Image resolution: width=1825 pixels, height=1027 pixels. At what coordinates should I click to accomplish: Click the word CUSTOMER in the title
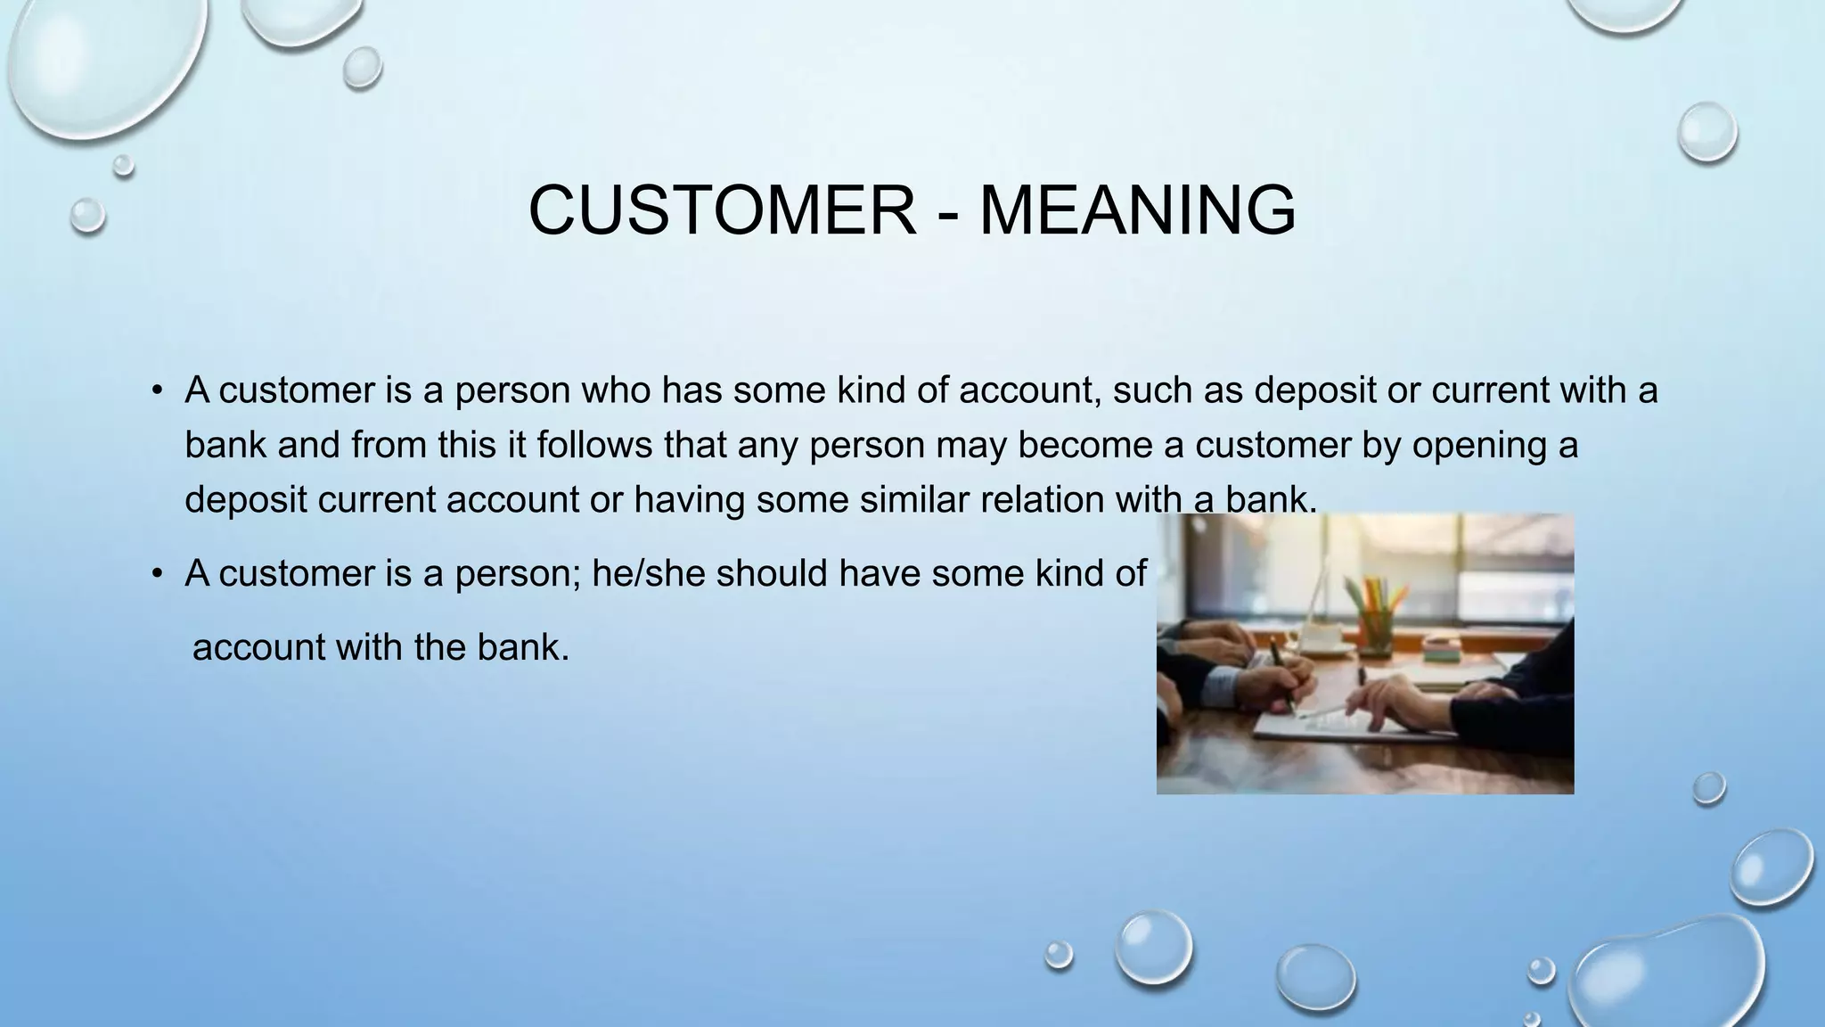pyautogui.click(x=722, y=210)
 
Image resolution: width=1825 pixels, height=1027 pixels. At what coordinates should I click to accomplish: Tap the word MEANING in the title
pyautogui.click(x=1137, y=210)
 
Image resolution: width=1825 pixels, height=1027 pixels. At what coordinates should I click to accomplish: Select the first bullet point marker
pyautogui.click(x=157, y=390)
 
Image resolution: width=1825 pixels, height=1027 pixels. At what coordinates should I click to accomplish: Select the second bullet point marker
pyautogui.click(x=157, y=573)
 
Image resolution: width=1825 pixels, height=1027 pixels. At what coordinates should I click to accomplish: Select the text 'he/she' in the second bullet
pyautogui.click(x=649, y=573)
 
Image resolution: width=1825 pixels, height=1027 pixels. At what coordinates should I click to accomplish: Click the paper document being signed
pyautogui.click(x=1337, y=722)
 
